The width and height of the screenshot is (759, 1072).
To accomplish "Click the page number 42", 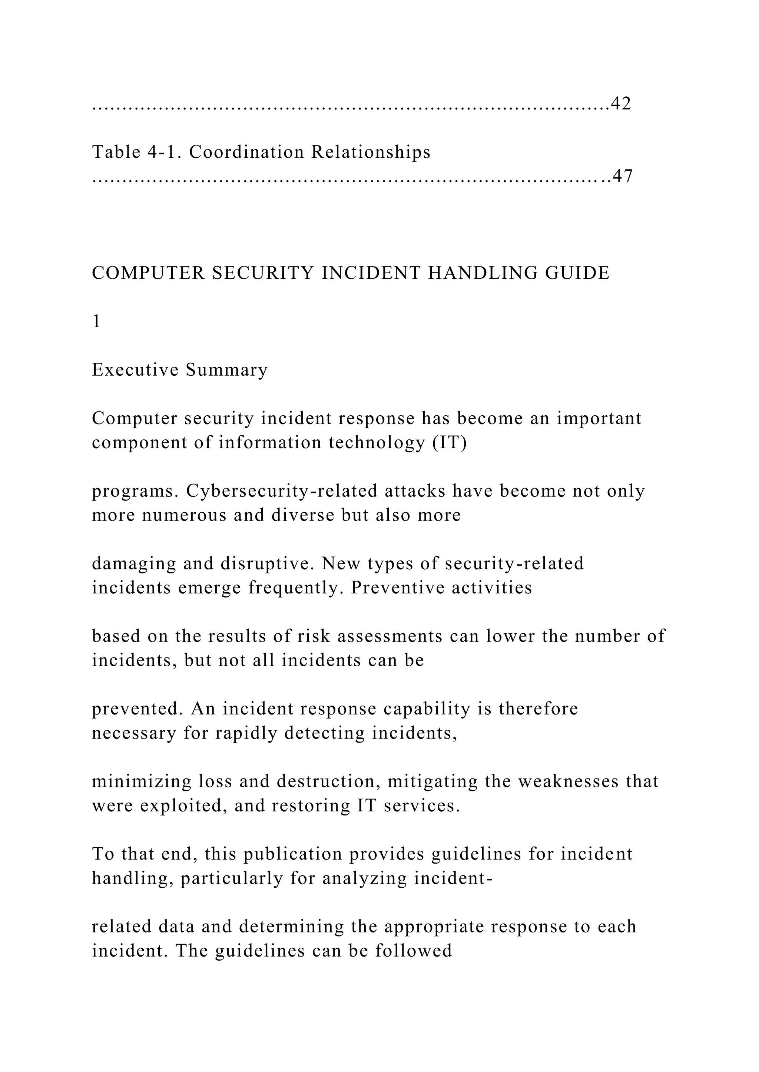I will pos(621,104).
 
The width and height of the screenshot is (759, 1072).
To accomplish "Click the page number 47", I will pos(623,176).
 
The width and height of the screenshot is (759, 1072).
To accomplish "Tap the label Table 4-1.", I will pos(135,152).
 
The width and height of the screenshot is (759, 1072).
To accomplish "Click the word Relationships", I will pos(371,152).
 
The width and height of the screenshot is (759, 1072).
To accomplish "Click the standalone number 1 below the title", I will pos(96,322).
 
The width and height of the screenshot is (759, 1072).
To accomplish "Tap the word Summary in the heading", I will pos(227,370).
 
